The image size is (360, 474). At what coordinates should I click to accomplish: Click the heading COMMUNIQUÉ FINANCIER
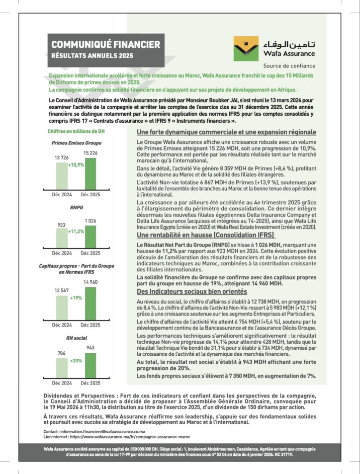pyautogui.click(x=106, y=45)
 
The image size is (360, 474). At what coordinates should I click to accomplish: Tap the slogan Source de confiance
pyautogui.click(x=289, y=65)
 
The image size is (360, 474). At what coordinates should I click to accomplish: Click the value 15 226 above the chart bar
pyautogui.click(x=91, y=152)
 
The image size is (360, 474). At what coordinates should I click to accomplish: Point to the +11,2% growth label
pyautogui.click(x=76, y=231)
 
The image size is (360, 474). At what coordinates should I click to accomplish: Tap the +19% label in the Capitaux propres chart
pyautogui.click(x=76, y=298)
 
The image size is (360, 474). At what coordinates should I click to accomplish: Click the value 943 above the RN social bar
pyautogui.click(x=91, y=348)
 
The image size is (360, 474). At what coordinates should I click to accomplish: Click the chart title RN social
pyautogui.click(x=77, y=338)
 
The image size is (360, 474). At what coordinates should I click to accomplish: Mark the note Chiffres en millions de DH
pyautogui.click(x=76, y=132)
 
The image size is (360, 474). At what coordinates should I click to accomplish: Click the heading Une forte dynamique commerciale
pyautogui.click(x=226, y=132)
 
